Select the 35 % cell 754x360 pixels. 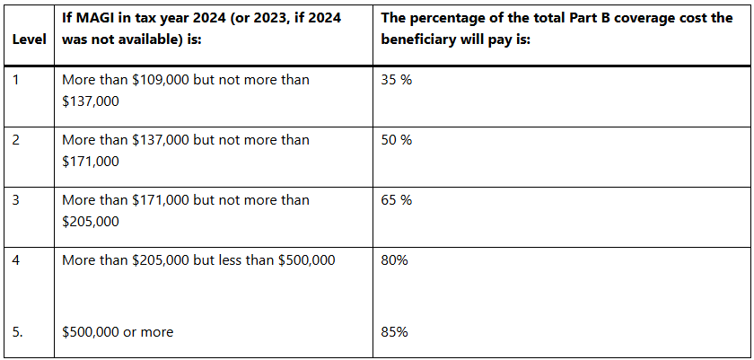click(x=396, y=80)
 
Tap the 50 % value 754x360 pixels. click(x=396, y=140)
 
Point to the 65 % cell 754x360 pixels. click(x=396, y=200)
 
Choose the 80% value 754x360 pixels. click(x=395, y=260)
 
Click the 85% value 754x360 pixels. click(x=395, y=332)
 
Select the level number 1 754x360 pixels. click(x=15, y=80)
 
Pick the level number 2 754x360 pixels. click(x=15, y=140)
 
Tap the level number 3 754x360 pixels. click(x=15, y=200)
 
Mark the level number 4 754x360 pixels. click(x=15, y=260)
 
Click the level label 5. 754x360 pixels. click(x=17, y=332)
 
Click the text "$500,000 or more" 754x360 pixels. click(x=118, y=332)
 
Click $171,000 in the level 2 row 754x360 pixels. click(x=91, y=162)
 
